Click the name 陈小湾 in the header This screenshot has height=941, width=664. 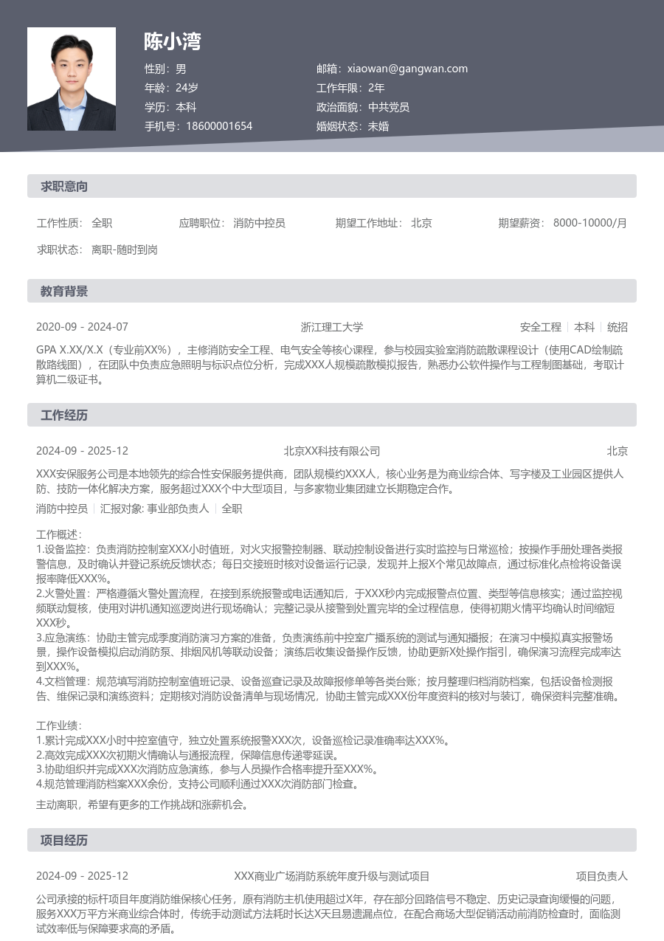click(x=173, y=42)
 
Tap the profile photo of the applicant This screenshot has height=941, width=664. click(x=72, y=79)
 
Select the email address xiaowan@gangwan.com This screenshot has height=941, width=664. click(x=407, y=69)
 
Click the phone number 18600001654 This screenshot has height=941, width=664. click(x=219, y=126)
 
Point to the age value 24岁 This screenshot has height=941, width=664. click(x=187, y=88)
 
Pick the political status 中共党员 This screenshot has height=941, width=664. click(x=389, y=107)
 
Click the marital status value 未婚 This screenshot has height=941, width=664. click(x=378, y=126)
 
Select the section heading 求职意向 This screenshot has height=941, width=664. click(x=64, y=187)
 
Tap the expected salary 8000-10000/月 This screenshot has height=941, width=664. click(x=589, y=223)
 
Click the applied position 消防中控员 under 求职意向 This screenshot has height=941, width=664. click(x=259, y=223)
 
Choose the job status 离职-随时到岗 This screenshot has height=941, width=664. click(x=125, y=249)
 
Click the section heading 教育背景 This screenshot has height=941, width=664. click(x=64, y=292)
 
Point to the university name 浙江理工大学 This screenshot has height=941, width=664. click(x=332, y=327)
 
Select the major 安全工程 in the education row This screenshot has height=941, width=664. click(x=541, y=327)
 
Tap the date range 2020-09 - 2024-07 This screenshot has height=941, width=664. click(x=82, y=327)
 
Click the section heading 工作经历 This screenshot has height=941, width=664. click(x=64, y=416)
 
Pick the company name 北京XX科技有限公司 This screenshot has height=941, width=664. click(x=332, y=451)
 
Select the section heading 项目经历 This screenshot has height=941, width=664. click(x=64, y=841)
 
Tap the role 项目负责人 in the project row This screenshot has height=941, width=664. click(x=601, y=876)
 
